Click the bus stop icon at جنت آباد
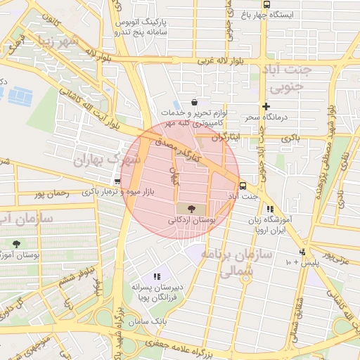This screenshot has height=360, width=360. point(243,186)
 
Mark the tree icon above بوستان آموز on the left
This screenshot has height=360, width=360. point(15,244)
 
